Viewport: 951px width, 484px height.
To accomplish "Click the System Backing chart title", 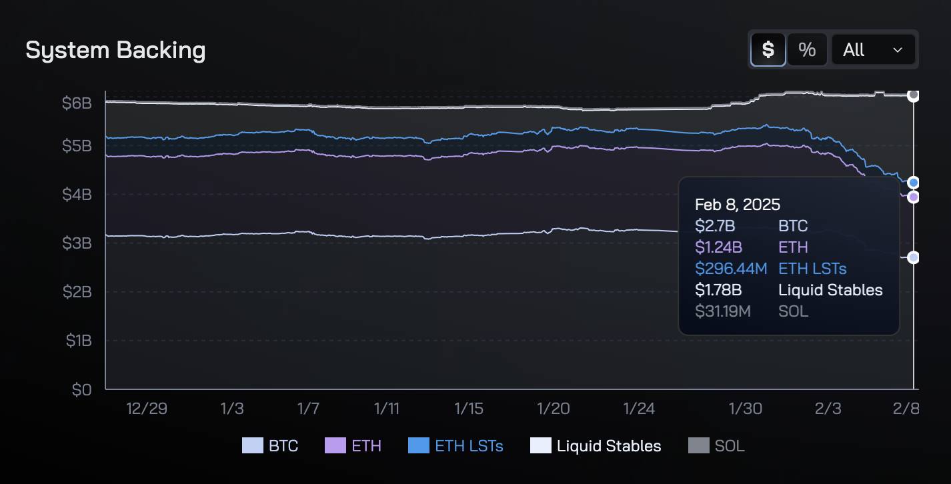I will point(115,51).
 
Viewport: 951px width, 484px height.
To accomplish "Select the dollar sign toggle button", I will point(768,49).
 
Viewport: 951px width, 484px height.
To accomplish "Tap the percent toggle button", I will point(807,49).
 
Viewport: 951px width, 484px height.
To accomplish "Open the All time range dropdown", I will point(872,49).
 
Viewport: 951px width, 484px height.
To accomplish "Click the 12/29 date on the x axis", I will point(146,409).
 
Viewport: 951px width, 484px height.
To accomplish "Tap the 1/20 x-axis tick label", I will point(554,409).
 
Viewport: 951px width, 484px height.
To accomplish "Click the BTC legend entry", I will point(270,446).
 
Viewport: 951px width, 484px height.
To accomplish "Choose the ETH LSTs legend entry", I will point(455,446).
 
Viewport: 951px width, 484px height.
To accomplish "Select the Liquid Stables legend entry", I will point(596,446).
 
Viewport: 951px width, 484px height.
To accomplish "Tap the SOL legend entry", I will point(716,446).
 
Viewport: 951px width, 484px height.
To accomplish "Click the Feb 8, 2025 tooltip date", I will point(737,205).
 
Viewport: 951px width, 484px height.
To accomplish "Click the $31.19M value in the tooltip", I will point(722,311).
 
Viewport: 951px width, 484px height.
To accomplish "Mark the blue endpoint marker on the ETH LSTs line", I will point(914,183).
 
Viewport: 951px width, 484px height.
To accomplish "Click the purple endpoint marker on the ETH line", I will point(914,197).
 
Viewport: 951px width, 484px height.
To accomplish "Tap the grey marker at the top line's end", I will point(914,95).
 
